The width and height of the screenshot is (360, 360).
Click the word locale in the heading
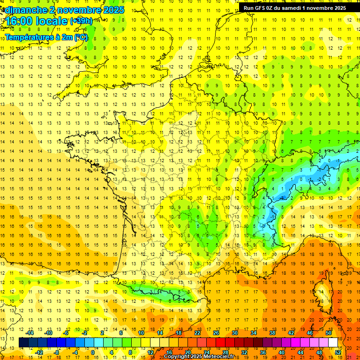coord(52,22)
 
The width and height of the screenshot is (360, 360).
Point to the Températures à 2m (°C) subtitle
coord(46,37)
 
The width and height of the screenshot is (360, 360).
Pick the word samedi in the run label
coord(291,8)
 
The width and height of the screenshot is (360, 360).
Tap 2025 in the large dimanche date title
coord(113,10)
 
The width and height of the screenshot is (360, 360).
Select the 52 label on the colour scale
coord(338,352)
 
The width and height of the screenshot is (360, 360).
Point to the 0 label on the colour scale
coord(92,352)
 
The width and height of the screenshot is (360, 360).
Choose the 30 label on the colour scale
coord(234,333)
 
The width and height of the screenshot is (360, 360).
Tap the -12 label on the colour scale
coord(39,352)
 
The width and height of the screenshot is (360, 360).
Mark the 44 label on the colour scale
coord(300,352)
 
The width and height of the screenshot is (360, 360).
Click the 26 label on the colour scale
coord(216,333)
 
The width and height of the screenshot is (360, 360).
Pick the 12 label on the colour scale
coord(150,352)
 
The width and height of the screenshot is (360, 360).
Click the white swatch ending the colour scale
coord(333,343)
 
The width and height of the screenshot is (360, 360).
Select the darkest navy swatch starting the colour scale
coord(23,343)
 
